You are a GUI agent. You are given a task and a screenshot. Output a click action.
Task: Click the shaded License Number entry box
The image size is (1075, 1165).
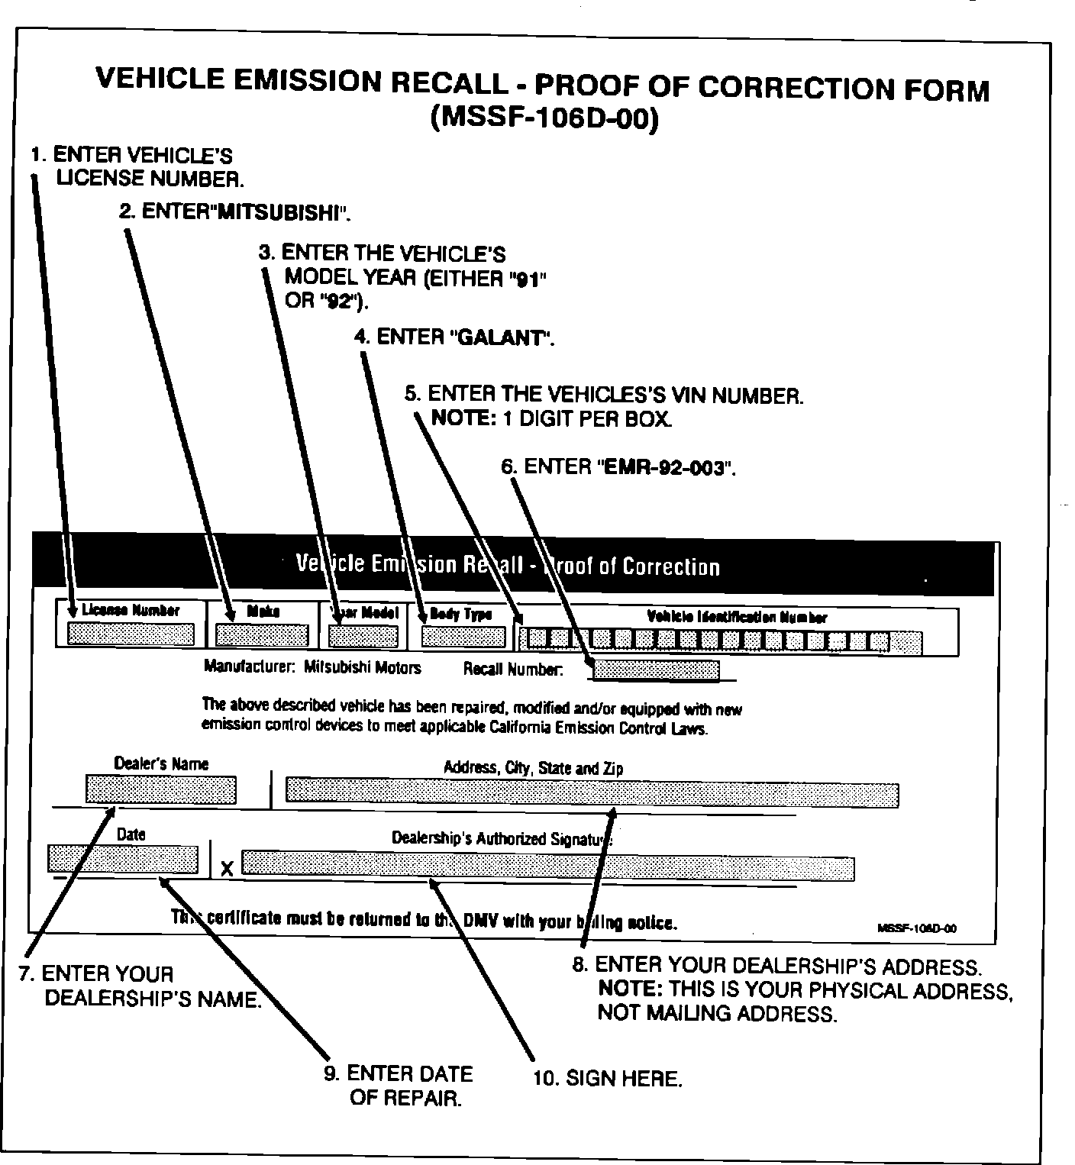click(x=131, y=634)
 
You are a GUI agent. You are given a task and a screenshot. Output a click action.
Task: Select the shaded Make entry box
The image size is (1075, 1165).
click(x=262, y=635)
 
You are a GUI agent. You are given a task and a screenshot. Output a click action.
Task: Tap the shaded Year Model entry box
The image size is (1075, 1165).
click(x=363, y=637)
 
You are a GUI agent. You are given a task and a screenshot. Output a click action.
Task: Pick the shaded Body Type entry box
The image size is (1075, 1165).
click(x=463, y=637)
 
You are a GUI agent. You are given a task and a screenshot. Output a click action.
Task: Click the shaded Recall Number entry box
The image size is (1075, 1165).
click(x=656, y=670)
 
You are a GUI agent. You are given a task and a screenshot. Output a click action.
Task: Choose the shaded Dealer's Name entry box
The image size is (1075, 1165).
click(x=161, y=789)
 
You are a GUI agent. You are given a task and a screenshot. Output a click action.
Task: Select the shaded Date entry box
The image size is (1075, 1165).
click(x=123, y=859)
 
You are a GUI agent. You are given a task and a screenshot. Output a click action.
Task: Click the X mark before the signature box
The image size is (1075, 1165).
click(x=227, y=869)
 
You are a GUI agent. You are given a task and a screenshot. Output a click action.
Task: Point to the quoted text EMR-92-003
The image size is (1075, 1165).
click(x=663, y=467)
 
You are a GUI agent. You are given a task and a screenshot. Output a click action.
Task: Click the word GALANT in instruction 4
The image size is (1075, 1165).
click(x=502, y=338)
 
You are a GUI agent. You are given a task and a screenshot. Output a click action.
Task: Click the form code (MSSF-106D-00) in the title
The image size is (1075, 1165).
click(x=544, y=119)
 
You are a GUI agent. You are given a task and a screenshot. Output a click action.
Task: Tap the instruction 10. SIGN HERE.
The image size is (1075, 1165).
click(x=607, y=1079)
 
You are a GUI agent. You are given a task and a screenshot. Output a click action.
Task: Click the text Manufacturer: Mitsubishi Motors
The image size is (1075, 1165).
click(x=312, y=667)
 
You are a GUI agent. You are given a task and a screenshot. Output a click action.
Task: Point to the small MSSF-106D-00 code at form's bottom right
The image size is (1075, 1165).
click(x=918, y=928)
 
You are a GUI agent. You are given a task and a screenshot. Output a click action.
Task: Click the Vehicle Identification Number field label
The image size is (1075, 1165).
click(x=737, y=617)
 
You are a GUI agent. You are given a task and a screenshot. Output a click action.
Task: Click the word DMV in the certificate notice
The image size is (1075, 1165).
click(x=482, y=921)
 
